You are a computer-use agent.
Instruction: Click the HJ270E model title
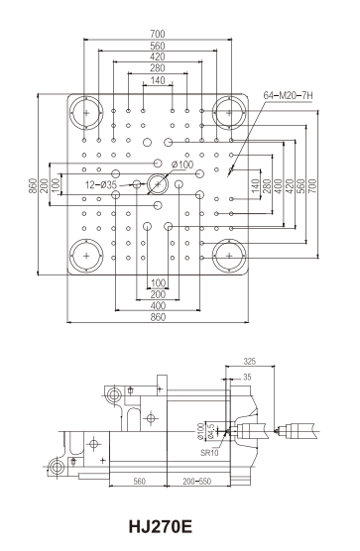(x=161, y=527)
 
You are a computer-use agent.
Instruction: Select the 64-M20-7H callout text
(x=288, y=95)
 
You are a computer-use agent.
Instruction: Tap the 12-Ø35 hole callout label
(x=101, y=184)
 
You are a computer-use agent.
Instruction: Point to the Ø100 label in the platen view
(x=182, y=165)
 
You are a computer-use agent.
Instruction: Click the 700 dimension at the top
(x=157, y=34)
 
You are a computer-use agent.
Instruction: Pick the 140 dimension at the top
(x=157, y=80)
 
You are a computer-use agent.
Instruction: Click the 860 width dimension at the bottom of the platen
(x=158, y=317)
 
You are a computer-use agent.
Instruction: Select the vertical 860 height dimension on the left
(x=33, y=186)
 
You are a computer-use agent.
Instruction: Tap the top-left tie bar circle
(x=86, y=113)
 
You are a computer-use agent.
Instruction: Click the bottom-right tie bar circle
(x=229, y=256)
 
